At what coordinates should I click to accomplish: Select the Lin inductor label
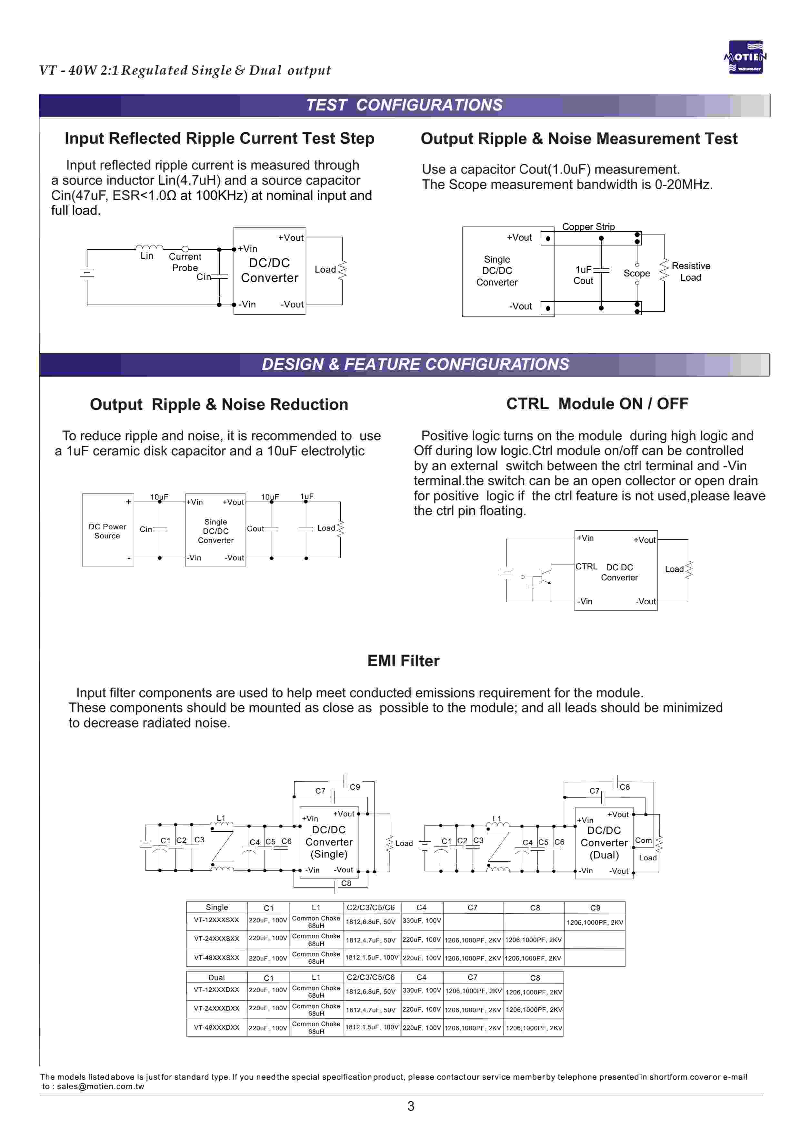click(147, 256)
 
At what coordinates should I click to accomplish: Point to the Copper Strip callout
click(588, 227)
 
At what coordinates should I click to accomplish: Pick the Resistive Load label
click(691, 272)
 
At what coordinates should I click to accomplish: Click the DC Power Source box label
click(107, 531)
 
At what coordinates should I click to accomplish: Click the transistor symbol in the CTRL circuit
click(545, 576)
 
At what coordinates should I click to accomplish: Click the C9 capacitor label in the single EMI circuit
click(355, 787)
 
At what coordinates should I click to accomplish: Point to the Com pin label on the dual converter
click(643, 840)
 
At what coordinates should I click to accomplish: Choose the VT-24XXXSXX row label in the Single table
click(216, 939)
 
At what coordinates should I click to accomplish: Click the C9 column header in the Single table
click(595, 907)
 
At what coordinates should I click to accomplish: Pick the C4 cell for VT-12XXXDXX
click(422, 990)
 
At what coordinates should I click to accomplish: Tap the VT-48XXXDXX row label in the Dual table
click(216, 1027)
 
